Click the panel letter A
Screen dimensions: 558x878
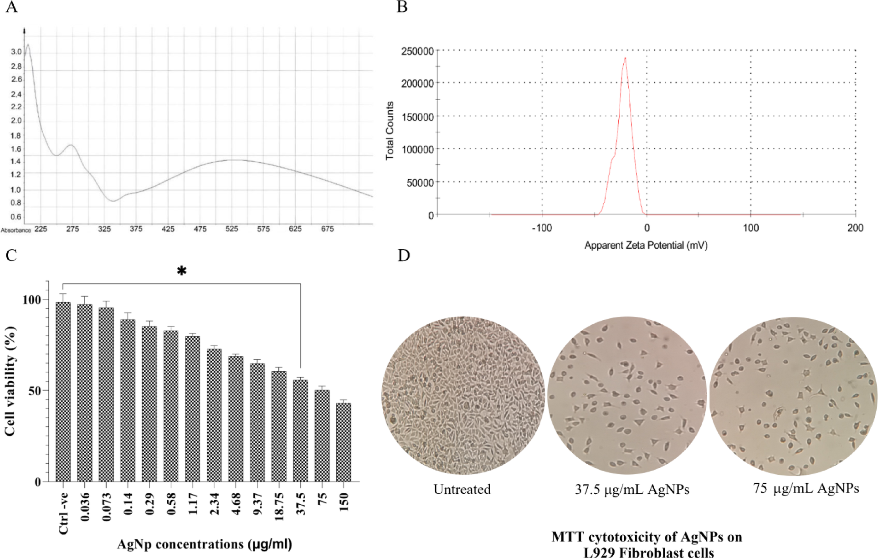point(11,7)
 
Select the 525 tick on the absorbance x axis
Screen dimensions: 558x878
point(231,229)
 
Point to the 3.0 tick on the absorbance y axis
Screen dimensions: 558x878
point(16,52)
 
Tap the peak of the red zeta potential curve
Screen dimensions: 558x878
point(625,58)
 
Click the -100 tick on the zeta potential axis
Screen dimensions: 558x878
point(541,228)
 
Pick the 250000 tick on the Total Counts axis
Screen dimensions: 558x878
point(417,51)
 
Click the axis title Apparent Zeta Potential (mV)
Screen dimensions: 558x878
point(646,246)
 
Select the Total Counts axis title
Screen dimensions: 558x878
point(390,131)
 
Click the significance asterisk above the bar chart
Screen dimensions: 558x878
point(181,271)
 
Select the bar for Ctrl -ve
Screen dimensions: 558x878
point(63,392)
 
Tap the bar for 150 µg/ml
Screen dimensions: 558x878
point(344,442)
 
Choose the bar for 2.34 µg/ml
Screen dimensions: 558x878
point(214,415)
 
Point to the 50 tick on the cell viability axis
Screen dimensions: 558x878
point(34,391)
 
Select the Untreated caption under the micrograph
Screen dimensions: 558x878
point(462,490)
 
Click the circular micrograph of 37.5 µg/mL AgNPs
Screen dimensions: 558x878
point(627,395)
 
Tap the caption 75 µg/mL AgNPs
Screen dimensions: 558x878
point(806,488)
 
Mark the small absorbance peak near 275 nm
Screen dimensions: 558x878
point(71,145)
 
